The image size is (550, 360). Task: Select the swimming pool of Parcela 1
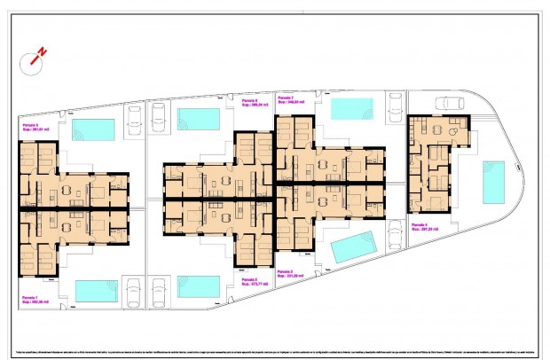pos(97,290)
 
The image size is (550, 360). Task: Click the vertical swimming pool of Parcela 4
pos(492,181)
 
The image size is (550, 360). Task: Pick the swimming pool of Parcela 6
pos(199,118)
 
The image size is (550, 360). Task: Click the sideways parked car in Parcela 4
pos(451,102)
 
